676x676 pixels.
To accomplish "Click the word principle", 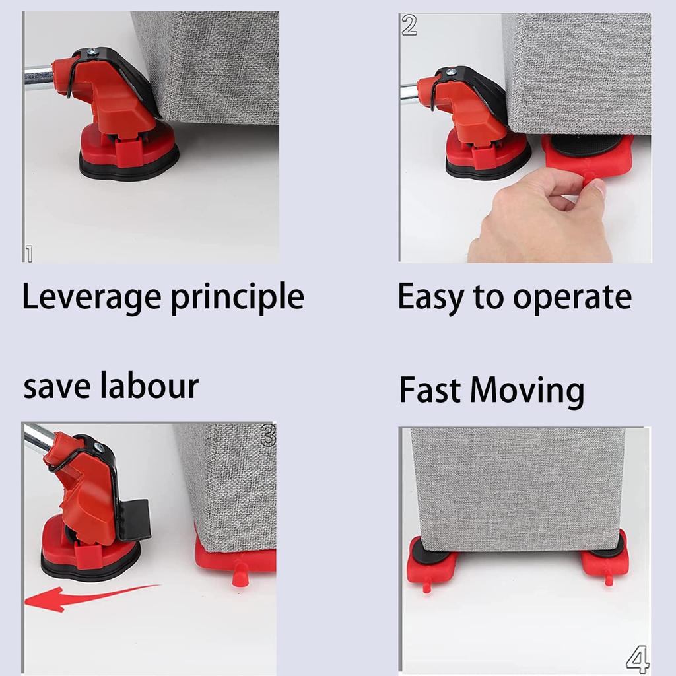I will (x=237, y=298).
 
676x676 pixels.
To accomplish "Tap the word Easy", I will (x=430, y=298).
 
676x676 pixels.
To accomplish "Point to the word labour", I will (x=149, y=386).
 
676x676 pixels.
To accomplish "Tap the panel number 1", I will (x=29, y=253).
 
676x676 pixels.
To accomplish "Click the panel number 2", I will (x=409, y=25).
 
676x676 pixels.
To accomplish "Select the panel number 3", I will (x=268, y=435).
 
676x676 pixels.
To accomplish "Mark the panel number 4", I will (x=637, y=659).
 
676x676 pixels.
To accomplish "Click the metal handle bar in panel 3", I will (x=38, y=437).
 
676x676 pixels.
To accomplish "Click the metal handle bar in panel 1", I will (x=38, y=75).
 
